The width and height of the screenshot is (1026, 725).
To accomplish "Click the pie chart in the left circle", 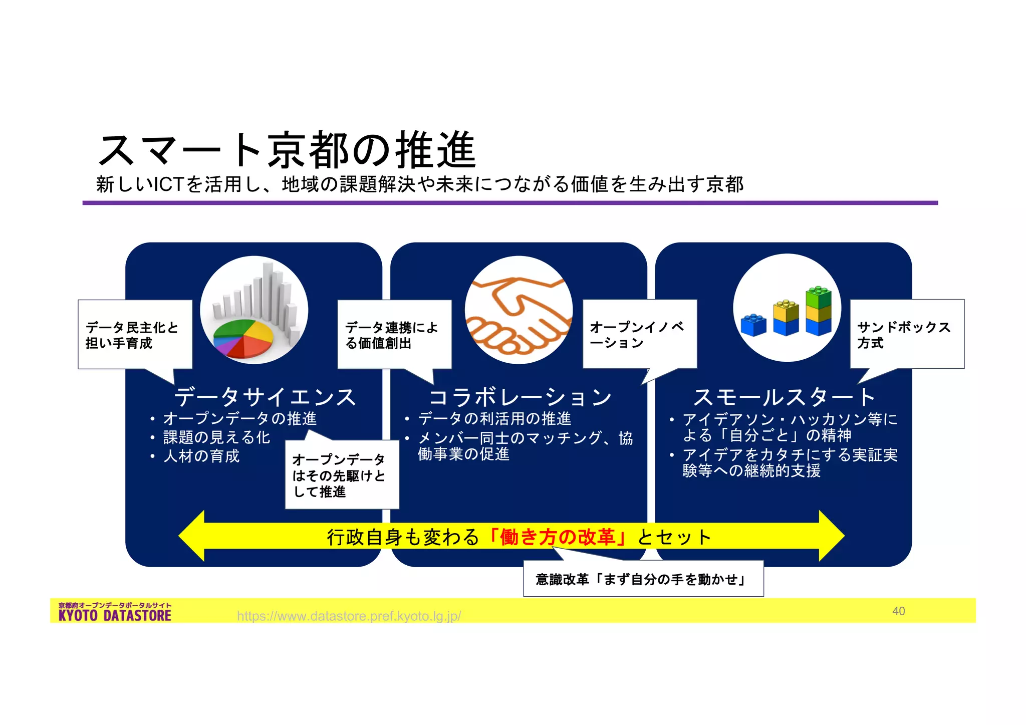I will (x=244, y=338).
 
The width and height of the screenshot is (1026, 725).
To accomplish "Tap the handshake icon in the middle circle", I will (x=519, y=311).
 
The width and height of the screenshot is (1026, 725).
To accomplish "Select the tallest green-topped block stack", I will (x=818, y=311).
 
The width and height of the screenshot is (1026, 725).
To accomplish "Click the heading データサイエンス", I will (x=265, y=397).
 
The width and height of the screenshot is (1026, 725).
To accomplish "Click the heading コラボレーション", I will (x=520, y=397).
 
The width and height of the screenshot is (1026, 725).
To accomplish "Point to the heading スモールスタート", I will (x=784, y=397).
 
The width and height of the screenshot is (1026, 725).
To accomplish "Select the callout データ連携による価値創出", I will (x=394, y=335).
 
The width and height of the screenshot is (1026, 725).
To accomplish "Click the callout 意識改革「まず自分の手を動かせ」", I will (x=643, y=579).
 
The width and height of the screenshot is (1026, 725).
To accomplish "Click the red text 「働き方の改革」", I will (x=557, y=537).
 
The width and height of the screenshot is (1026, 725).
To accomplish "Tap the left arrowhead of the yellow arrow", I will (x=192, y=536).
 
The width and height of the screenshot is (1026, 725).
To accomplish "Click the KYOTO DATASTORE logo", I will (x=115, y=612).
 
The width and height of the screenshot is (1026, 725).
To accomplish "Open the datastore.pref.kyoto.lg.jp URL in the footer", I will (x=349, y=616).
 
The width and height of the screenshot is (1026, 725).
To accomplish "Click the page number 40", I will (x=898, y=611).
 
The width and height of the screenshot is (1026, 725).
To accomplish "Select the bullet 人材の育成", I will (x=201, y=456).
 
